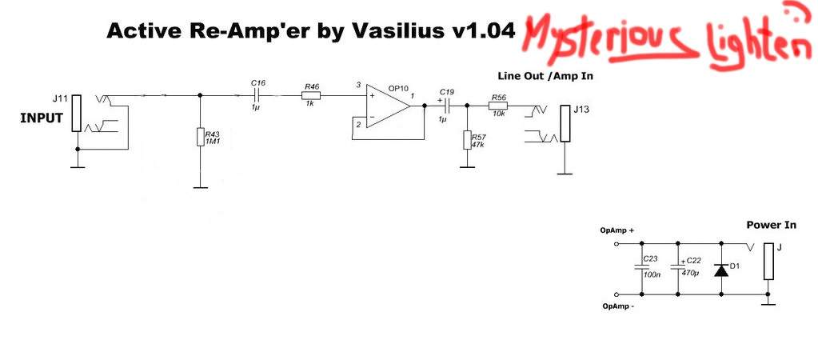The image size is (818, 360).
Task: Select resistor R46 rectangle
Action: (x=312, y=96)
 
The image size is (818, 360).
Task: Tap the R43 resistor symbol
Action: (x=200, y=137)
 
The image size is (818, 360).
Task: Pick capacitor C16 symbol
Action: (x=257, y=96)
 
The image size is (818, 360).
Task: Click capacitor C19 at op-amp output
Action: (x=448, y=106)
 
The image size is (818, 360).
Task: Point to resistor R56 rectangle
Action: (x=498, y=106)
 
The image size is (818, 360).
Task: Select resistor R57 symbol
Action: (x=466, y=141)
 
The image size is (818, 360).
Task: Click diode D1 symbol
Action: (x=721, y=270)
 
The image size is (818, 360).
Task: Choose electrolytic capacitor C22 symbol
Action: (x=678, y=269)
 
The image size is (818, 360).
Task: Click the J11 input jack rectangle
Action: (x=76, y=113)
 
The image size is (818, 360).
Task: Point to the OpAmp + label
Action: (x=617, y=230)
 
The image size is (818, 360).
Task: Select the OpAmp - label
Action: (x=616, y=305)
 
